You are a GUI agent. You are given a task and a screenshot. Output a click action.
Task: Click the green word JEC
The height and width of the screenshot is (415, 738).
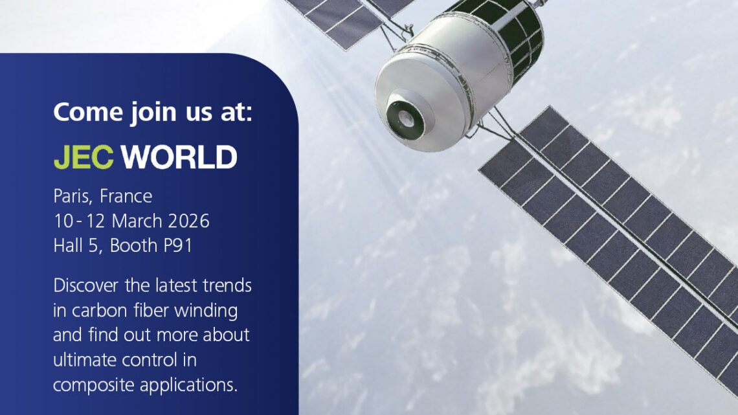point(84,157)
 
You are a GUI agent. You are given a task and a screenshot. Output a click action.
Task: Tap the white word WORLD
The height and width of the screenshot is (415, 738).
point(179,157)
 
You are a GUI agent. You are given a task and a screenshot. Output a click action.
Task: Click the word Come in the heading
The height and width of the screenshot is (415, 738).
point(89,112)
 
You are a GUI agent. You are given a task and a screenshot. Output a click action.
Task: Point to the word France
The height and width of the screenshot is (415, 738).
point(126,196)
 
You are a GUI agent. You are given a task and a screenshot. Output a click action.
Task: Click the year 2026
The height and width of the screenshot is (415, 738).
point(189,221)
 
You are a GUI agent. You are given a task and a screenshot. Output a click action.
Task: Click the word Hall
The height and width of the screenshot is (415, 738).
point(67,245)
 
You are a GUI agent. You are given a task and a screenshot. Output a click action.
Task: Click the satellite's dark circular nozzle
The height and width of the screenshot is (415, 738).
point(405,117)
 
